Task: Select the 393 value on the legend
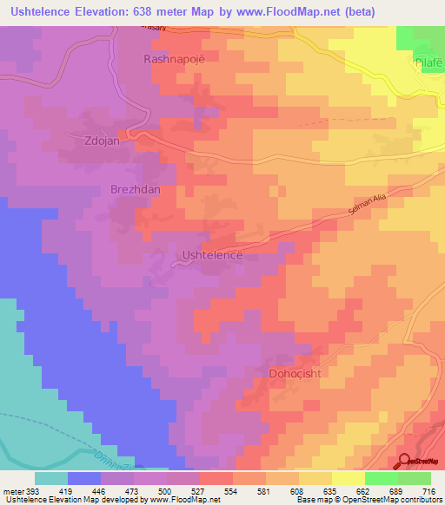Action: (x=32, y=491)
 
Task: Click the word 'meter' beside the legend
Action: (x=13, y=491)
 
